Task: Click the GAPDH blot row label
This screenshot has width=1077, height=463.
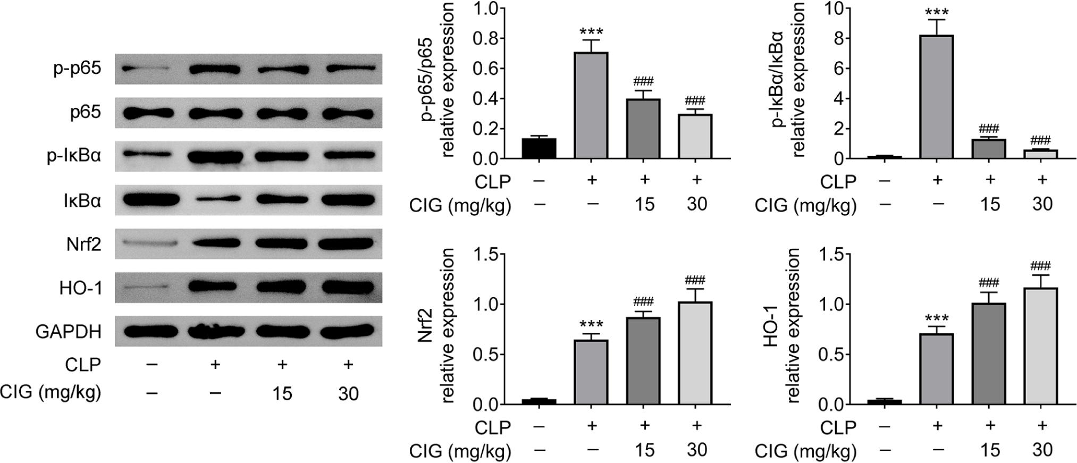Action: pos(68,332)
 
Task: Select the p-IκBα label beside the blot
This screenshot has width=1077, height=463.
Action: pos(74,157)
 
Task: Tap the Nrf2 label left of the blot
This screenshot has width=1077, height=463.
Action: pos(83,245)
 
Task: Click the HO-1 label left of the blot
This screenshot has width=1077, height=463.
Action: pos(80,288)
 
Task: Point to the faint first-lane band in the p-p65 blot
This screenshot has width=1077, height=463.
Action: pos(145,69)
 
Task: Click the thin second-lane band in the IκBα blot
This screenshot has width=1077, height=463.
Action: pos(215,200)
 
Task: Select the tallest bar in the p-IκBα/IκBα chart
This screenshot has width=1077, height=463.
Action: pos(937,97)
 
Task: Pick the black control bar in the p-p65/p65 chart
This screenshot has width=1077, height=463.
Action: pos(539,148)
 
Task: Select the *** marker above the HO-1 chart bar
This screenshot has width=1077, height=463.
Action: pos(937,319)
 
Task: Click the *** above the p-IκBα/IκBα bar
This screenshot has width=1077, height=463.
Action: pos(937,12)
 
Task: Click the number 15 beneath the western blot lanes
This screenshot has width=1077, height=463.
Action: pos(282,394)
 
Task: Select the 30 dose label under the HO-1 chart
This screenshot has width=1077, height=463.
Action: pos(1042,450)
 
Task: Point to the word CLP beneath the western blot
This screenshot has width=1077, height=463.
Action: pos(83,365)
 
